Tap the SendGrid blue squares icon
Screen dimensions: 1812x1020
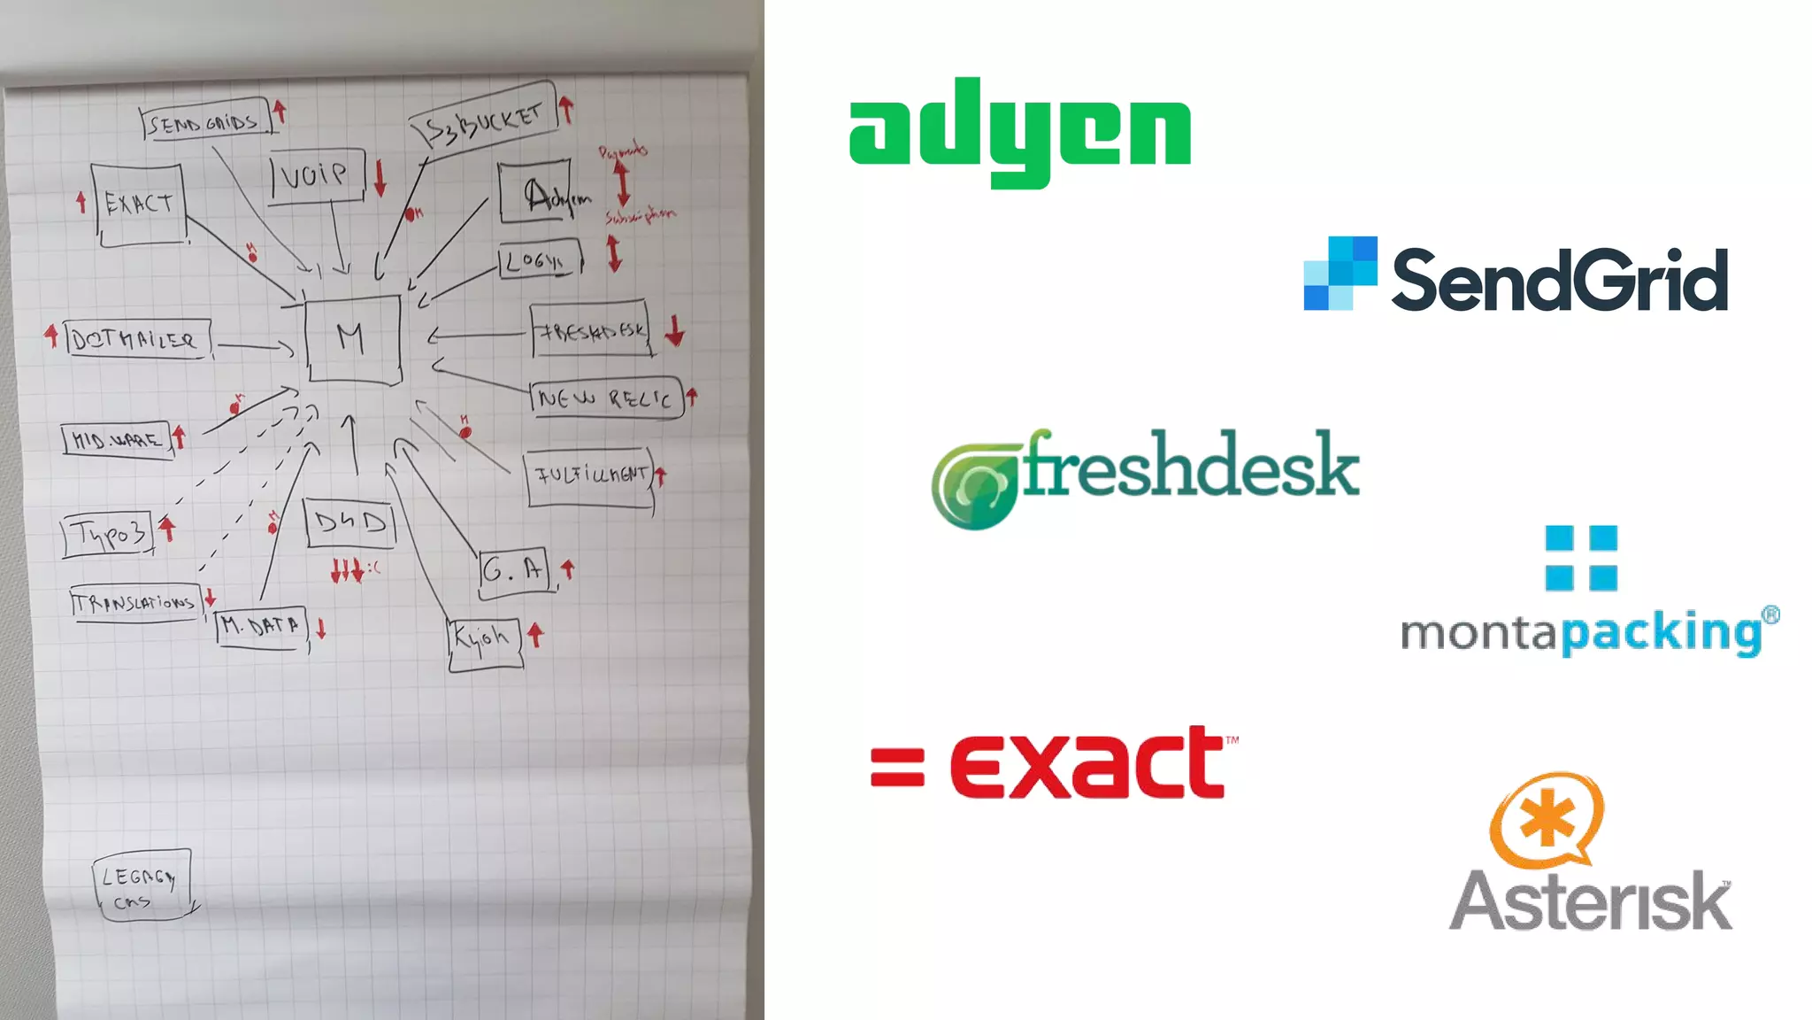[1340, 273]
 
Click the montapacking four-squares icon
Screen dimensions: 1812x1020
[1581, 558]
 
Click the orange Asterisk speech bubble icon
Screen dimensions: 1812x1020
[1547, 818]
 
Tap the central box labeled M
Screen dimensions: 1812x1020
[352, 338]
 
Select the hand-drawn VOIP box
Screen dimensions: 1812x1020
[316, 175]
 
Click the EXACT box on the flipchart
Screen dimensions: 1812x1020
[140, 204]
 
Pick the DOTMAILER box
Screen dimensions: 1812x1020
[137, 339]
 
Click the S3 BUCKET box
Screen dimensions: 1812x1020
[484, 122]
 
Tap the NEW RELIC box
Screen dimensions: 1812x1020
[606, 398]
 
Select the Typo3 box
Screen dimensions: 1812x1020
[108, 534]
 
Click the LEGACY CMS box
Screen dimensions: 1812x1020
[142, 885]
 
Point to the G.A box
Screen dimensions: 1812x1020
[514, 569]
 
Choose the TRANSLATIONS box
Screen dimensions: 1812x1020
[135, 603]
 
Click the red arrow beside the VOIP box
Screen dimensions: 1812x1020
[380, 177]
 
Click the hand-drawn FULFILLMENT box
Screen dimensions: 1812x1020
[590, 476]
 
